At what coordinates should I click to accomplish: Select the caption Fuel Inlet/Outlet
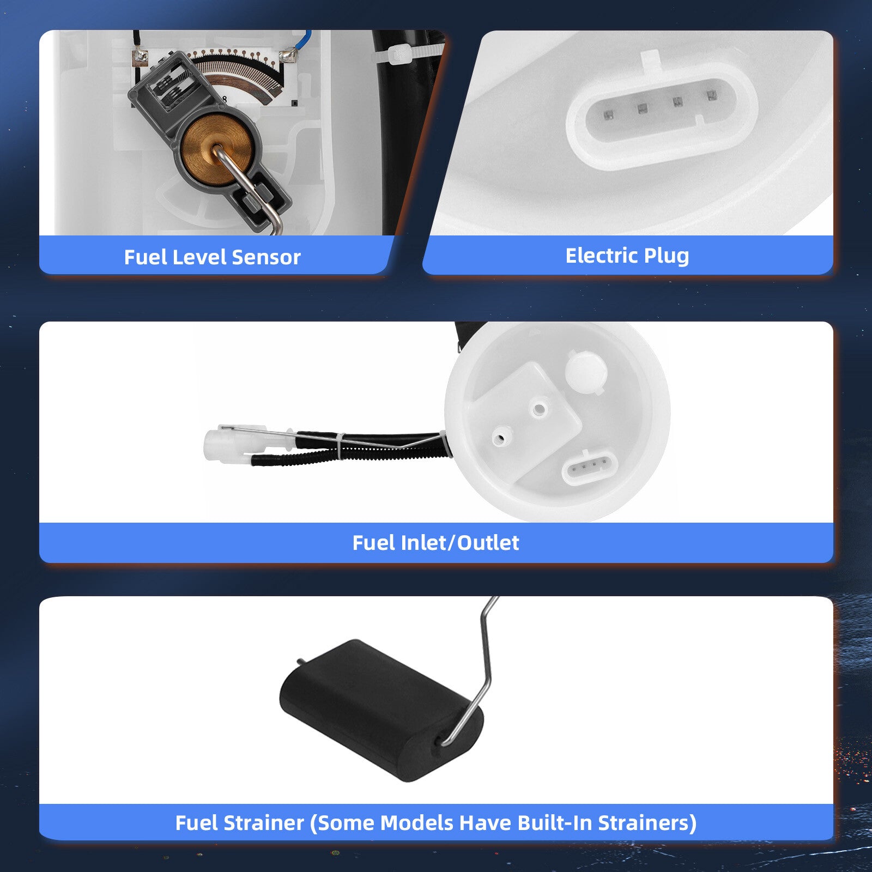click(435, 543)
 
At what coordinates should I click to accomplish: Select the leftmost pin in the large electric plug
click(608, 114)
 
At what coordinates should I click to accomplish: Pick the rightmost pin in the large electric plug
click(711, 95)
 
